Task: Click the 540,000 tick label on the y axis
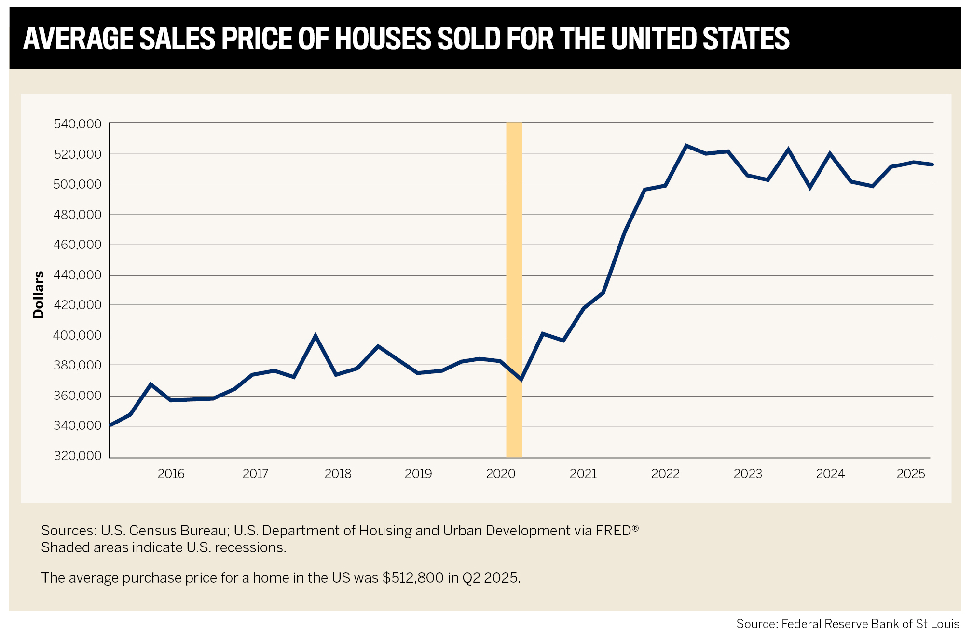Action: (x=78, y=124)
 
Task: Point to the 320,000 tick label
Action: (x=78, y=456)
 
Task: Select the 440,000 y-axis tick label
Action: (x=78, y=275)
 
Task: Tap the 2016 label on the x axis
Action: (x=171, y=474)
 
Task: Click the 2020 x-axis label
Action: (x=501, y=474)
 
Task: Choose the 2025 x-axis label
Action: (x=911, y=474)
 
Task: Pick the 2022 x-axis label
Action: (x=665, y=474)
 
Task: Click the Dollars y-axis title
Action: (x=39, y=294)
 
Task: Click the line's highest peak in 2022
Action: (x=686, y=146)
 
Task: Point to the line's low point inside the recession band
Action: (x=521, y=380)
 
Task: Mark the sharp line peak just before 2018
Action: (x=315, y=336)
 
